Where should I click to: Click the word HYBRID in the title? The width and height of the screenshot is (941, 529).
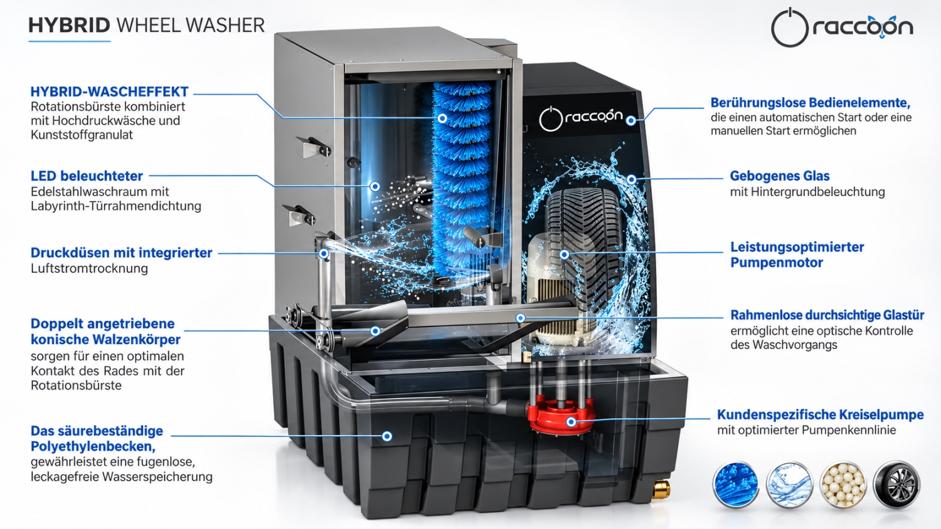point(69,25)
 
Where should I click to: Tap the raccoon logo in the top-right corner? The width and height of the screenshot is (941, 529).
point(842,28)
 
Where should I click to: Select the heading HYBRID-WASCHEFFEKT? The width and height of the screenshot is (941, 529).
point(109,92)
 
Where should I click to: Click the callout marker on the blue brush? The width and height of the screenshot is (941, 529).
point(442,118)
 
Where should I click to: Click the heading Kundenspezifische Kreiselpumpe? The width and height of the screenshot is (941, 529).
point(820,414)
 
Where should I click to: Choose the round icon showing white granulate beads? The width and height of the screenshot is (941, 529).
point(843,485)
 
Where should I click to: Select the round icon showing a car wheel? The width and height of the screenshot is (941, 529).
point(896,485)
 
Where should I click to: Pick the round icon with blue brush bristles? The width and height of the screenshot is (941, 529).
point(736,485)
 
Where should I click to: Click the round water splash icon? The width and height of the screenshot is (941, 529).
point(789,485)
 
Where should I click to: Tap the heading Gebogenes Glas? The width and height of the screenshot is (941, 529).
point(780,176)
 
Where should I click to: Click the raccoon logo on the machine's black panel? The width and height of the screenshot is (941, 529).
point(580,118)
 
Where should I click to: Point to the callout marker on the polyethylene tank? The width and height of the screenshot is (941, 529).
point(387,436)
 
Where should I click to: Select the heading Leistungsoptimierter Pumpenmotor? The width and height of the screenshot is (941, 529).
point(797,255)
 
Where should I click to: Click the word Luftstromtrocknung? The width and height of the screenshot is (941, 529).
point(89,268)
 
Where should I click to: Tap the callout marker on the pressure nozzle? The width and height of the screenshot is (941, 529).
point(324,254)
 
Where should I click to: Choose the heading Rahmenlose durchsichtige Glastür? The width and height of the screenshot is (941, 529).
point(827,315)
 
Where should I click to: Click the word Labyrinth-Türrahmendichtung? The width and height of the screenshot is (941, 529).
point(116,206)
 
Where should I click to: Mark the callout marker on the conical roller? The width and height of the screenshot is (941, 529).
point(375,331)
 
